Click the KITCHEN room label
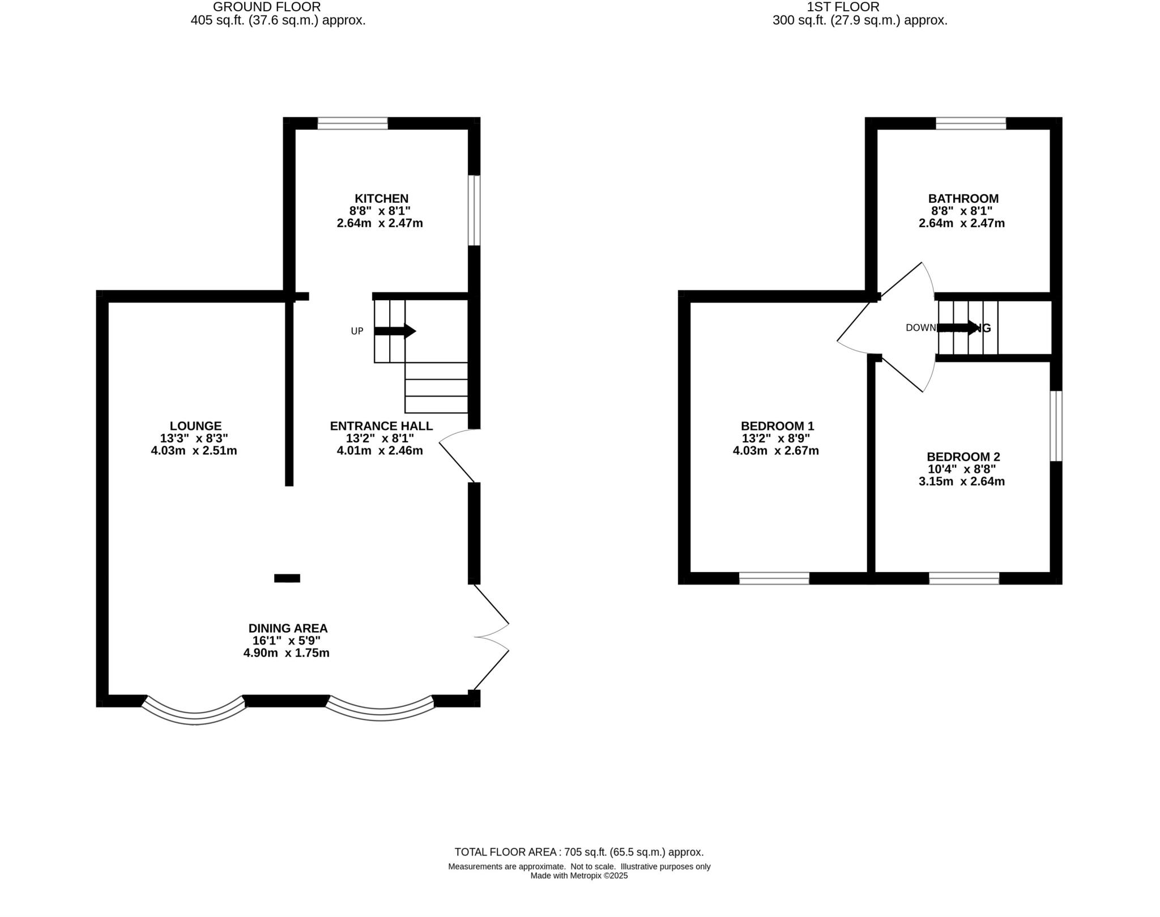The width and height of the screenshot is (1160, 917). [x=381, y=199]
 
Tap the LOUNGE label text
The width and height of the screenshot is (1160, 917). [x=195, y=426]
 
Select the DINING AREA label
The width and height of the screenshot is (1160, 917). [x=288, y=628]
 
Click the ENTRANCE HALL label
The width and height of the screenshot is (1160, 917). [x=381, y=426]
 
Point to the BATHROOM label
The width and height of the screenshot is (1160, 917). [x=963, y=199]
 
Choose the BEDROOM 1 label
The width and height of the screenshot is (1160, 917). [x=777, y=426]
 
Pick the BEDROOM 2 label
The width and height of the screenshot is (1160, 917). [x=963, y=457]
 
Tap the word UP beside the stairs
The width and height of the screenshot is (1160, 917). [x=357, y=331]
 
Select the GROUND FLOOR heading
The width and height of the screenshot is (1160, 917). [x=267, y=7]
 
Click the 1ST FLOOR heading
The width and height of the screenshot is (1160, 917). [x=843, y=7]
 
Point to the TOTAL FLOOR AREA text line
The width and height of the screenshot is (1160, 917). [x=579, y=852]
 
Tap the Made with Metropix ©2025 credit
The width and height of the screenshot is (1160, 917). [x=579, y=876]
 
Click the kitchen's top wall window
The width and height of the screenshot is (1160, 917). [x=352, y=123]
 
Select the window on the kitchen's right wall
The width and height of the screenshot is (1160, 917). [x=474, y=210]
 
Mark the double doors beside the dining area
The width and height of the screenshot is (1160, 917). [x=492, y=637]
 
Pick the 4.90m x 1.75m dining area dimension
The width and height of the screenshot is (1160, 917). [x=286, y=653]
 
